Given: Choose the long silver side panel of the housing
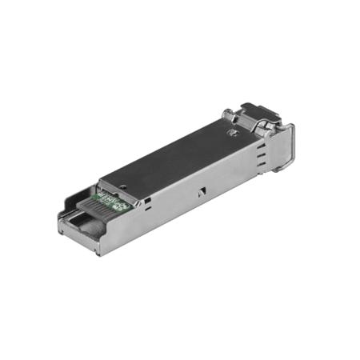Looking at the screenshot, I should tap(192, 200).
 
